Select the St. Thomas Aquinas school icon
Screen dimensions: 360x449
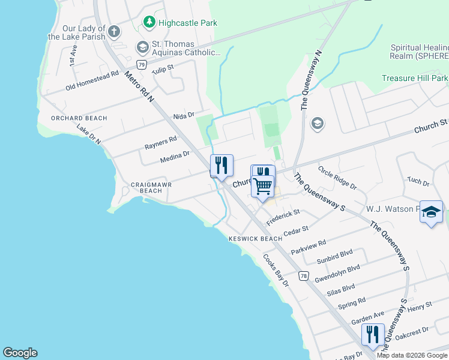(142, 47)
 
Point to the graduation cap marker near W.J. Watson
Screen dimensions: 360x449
(431, 212)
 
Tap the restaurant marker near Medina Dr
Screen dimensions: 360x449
(221, 165)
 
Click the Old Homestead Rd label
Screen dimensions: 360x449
(92, 81)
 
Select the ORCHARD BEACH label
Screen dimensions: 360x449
(79, 118)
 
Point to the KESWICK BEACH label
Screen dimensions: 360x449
(255, 239)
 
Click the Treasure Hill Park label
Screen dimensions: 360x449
(415, 78)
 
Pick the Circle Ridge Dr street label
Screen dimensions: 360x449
(337, 178)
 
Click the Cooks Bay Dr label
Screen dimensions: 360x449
(276, 269)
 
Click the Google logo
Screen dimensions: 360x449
(20, 353)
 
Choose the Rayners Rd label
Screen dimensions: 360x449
(160, 143)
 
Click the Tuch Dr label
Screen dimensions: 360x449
(418, 182)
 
